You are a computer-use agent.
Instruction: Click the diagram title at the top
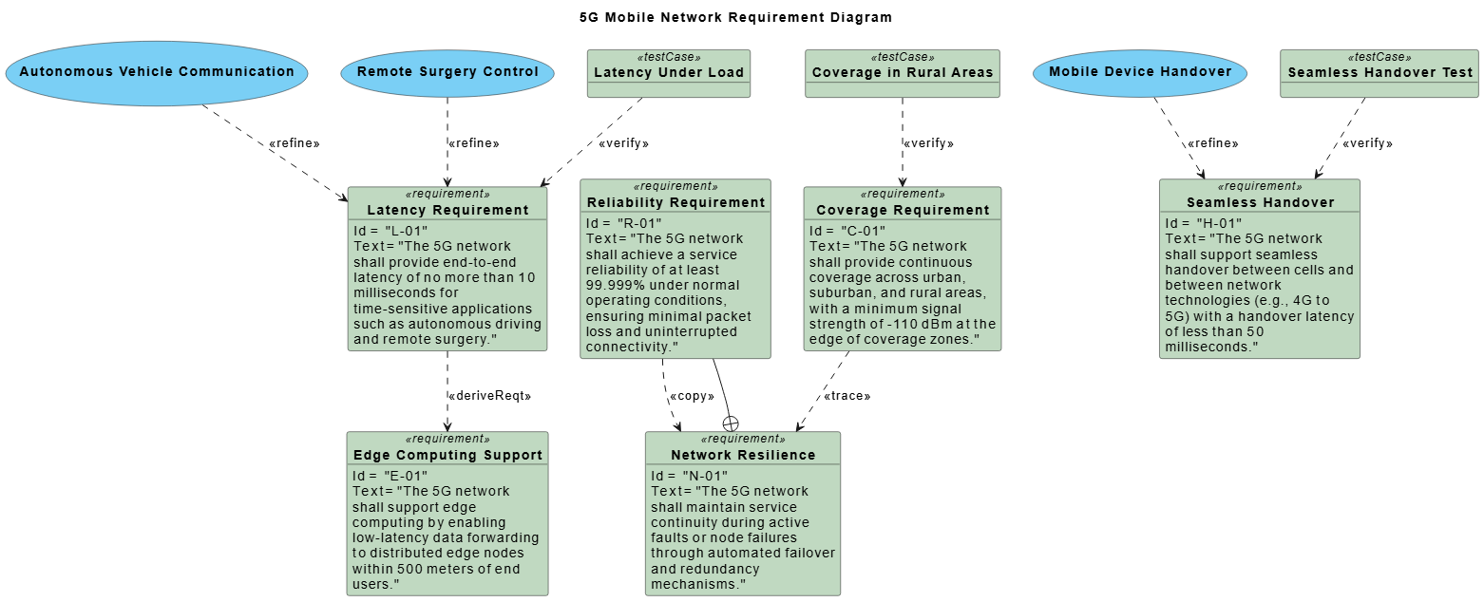click(736, 17)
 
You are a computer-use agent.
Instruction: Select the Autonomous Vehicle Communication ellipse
click(157, 72)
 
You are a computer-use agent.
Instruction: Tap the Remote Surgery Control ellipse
click(447, 72)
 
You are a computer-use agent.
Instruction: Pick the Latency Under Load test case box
click(669, 73)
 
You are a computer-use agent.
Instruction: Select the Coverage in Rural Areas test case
click(902, 73)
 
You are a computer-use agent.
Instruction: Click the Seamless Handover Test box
click(1379, 73)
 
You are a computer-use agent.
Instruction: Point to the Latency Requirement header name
click(447, 210)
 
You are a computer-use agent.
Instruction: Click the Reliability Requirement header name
click(675, 202)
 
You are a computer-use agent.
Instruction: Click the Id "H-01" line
click(1202, 223)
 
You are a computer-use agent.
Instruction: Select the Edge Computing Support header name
click(447, 455)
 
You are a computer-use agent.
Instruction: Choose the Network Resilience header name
click(743, 455)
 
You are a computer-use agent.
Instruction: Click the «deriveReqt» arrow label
click(488, 396)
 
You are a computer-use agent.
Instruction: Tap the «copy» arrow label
click(692, 396)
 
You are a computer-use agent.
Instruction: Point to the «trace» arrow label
click(847, 396)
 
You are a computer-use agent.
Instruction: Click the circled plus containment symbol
click(731, 423)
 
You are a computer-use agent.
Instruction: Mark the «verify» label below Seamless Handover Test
click(1367, 143)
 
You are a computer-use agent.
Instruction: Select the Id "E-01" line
click(390, 476)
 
